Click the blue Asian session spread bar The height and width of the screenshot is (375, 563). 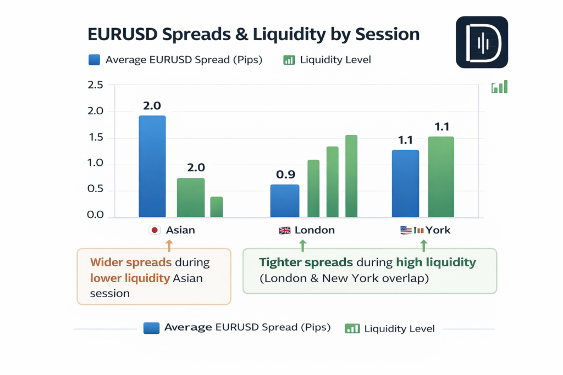click(152, 166)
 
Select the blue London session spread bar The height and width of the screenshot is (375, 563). click(285, 200)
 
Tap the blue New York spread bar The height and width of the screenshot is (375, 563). click(405, 183)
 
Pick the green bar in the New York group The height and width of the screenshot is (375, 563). click(441, 176)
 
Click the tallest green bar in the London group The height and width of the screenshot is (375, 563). click(351, 176)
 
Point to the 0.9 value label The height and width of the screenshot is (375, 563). click(286, 175)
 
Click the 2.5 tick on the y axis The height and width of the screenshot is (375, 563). click(96, 85)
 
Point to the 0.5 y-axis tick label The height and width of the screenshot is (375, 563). click(96, 189)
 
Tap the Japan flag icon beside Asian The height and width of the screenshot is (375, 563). click(154, 231)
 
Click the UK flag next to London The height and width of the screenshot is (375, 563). click(285, 231)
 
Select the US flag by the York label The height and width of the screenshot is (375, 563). click(406, 231)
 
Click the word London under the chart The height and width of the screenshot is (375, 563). click(314, 230)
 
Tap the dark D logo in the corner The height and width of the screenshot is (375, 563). click(482, 42)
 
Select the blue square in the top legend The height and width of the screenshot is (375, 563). click(94, 59)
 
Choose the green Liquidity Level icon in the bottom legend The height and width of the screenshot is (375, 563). click(352, 328)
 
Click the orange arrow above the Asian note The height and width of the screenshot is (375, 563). click(169, 242)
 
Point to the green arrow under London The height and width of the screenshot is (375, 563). click(302, 242)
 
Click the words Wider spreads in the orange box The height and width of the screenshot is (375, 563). click(125, 262)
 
